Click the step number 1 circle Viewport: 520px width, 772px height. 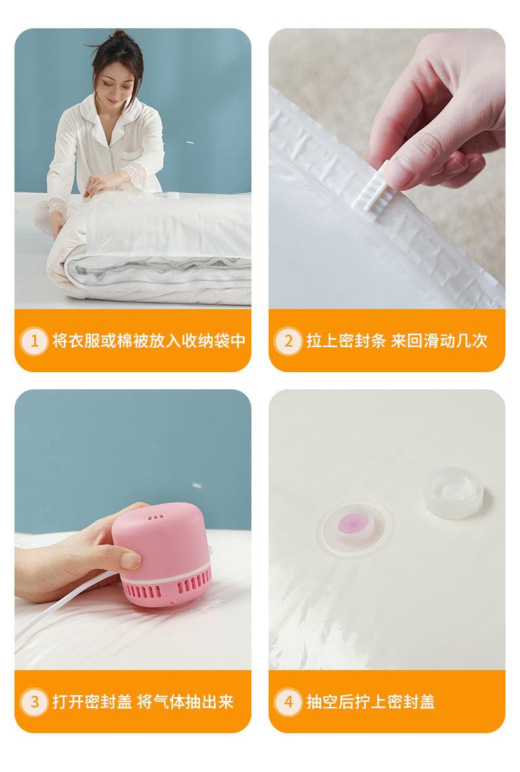(x=34, y=341)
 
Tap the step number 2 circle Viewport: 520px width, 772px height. (x=288, y=341)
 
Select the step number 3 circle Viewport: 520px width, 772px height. (x=34, y=702)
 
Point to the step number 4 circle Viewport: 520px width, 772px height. (x=288, y=702)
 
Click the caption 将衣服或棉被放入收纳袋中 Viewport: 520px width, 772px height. (x=149, y=341)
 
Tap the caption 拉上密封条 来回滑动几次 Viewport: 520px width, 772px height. (x=397, y=341)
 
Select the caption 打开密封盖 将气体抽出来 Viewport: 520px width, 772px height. (x=143, y=702)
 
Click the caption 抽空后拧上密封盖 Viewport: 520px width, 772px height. (x=371, y=702)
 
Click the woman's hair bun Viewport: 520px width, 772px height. (x=119, y=36)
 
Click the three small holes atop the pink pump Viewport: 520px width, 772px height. (x=156, y=516)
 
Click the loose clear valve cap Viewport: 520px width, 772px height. (x=454, y=493)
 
